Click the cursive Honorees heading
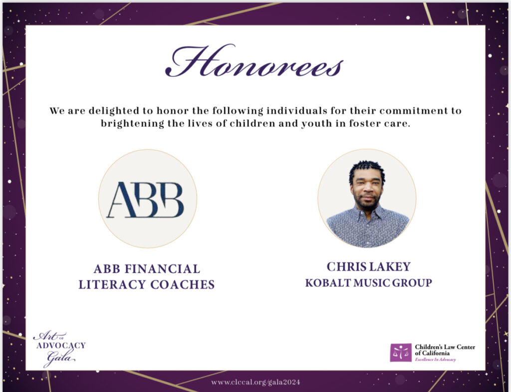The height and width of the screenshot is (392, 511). [x=254, y=61]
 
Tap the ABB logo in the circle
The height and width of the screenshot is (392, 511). [x=146, y=200]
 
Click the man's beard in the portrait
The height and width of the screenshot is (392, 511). [x=367, y=203]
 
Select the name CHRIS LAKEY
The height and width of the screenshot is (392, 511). [x=369, y=267]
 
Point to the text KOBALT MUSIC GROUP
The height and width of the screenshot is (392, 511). [x=369, y=283]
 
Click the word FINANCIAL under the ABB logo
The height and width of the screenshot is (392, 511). [x=163, y=269]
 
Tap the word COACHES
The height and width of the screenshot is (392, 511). [x=183, y=285]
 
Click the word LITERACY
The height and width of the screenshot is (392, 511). [x=112, y=285]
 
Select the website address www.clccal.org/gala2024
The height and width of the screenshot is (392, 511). [x=255, y=382]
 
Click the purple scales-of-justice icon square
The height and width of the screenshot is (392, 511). [x=401, y=353]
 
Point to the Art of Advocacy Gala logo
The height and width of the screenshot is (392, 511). [x=59, y=348]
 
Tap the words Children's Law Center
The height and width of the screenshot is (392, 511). [x=445, y=347]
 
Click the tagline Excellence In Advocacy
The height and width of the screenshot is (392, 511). [x=435, y=360]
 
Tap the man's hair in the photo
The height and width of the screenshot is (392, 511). [x=367, y=170]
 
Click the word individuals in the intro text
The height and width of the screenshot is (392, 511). [x=296, y=111]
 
